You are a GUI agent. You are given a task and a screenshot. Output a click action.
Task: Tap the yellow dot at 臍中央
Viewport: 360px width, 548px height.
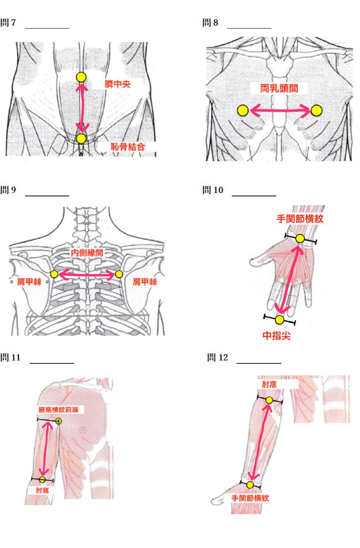81,77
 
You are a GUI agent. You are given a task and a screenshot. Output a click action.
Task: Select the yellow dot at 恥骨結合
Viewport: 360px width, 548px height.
81,138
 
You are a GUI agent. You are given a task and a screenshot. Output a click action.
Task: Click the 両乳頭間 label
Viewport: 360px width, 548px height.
279,88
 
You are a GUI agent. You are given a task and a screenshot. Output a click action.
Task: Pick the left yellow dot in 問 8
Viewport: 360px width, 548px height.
243,110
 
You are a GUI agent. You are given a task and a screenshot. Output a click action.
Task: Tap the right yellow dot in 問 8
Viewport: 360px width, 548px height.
316,110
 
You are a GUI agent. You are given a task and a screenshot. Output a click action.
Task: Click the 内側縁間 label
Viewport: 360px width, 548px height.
87,253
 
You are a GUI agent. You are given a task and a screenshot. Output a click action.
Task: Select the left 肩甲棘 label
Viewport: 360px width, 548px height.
29,282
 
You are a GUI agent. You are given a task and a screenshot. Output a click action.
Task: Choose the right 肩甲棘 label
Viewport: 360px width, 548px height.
145,282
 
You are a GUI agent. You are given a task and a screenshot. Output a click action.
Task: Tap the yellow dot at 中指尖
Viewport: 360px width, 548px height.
280,320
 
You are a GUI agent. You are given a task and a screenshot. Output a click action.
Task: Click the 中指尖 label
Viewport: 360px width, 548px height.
277,336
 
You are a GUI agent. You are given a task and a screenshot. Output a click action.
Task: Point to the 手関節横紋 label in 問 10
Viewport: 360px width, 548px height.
300,219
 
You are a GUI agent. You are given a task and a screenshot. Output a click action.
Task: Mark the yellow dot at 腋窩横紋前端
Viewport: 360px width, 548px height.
58,421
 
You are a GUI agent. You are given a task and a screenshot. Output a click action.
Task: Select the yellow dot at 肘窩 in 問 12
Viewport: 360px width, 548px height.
269,400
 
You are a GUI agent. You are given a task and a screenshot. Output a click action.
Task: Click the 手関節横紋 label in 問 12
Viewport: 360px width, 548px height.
250,498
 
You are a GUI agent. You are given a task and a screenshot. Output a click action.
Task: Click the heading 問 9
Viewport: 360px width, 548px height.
9,190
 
